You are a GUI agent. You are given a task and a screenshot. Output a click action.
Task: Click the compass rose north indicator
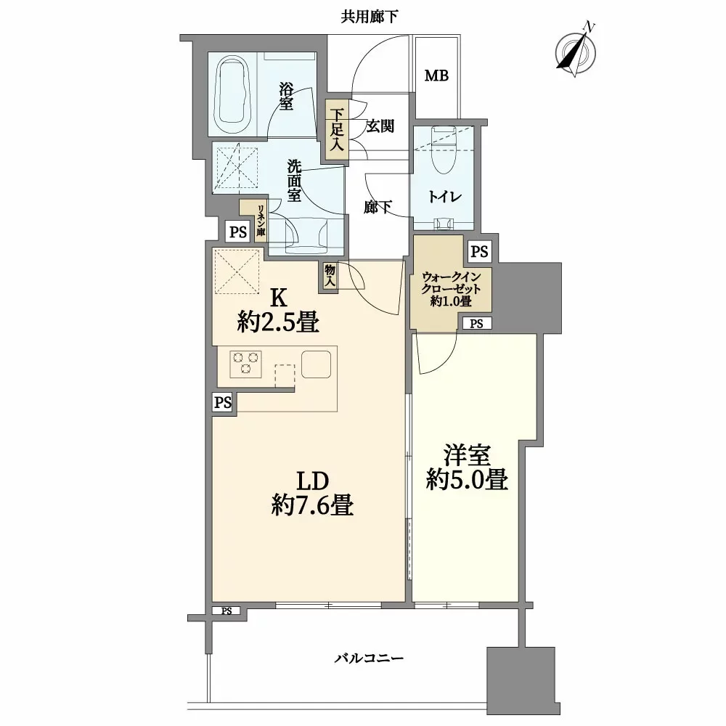click(578, 51)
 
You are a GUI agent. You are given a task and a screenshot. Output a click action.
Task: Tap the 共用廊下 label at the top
click(370, 17)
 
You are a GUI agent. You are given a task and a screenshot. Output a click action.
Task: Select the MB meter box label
click(436, 76)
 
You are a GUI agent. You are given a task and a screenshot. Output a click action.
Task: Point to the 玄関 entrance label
click(380, 126)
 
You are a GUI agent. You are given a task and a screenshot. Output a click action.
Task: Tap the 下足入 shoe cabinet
click(337, 131)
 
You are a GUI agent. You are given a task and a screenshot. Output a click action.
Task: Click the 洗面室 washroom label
click(294, 179)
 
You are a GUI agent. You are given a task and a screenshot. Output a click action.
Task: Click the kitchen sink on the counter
click(317, 363)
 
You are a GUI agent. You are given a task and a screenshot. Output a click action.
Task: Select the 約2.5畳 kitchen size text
click(279, 322)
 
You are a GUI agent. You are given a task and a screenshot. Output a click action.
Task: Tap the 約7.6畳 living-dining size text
click(313, 504)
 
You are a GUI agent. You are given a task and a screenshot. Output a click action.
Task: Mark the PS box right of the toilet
click(478, 251)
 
